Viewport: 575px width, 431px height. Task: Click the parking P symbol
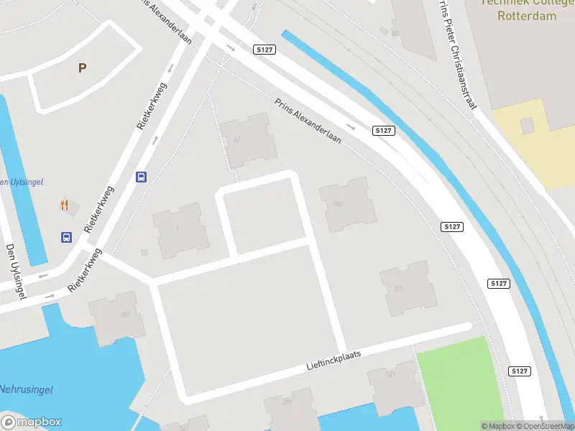point(82,68)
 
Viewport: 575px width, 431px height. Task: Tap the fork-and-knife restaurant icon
point(65,205)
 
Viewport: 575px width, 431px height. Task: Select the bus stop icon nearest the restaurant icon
point(66,237)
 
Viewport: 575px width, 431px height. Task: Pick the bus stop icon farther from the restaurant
point(142,177)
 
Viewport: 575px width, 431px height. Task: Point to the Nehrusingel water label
point(27,389)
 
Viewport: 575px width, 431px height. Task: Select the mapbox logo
point(32,422)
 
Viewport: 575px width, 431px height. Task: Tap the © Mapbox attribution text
point(498,426)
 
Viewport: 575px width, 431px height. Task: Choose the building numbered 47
point(248,140)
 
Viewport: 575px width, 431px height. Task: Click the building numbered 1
point(180,230)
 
